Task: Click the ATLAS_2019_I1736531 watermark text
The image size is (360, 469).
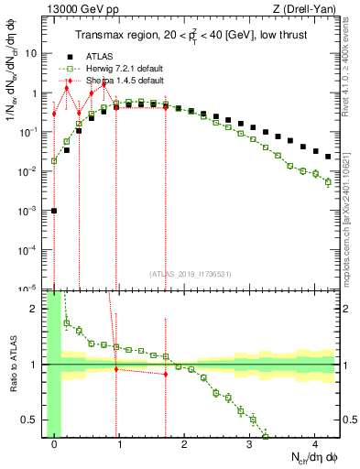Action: pos(186,274)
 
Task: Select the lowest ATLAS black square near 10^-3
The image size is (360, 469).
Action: pos(54,211)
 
